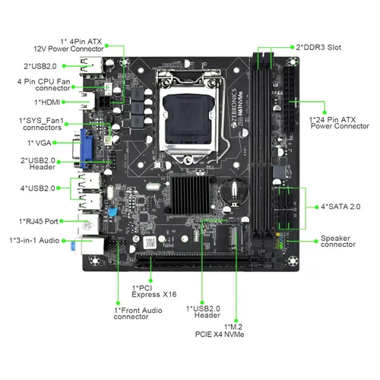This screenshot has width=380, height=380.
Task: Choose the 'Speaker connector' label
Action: point(337,241)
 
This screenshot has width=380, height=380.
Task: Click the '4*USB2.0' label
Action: point(38,187)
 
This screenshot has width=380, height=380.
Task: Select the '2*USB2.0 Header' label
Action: point(37,164)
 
